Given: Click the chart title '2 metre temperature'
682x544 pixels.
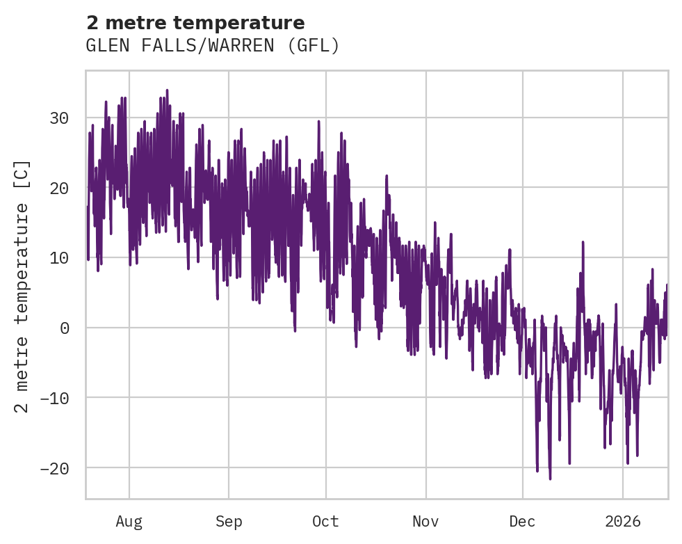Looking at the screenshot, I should pos(195,23).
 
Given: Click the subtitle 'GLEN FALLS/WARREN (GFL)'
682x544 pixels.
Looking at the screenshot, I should pos(213,46).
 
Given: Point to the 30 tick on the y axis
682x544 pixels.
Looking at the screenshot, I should pos(59,118).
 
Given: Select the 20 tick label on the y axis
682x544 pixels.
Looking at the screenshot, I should pos(59,188).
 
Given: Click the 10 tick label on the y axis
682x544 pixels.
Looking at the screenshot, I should pos(59,257).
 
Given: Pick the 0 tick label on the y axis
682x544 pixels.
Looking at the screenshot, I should pos(65,328).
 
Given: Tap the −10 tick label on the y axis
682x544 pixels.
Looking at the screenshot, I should pos(54,398).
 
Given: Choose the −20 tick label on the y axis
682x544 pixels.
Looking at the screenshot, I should pos(54,467).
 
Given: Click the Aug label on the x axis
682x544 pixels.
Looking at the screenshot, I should pos(129,521).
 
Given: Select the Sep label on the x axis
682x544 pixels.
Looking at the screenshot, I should pos(228,521).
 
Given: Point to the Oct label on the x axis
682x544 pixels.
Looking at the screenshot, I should pos(325,521).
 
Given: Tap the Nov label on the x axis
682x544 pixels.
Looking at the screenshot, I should pos(425,521).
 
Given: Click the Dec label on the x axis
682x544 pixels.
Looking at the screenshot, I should pos(522,521).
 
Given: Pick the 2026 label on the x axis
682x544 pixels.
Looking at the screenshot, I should pos(623,521).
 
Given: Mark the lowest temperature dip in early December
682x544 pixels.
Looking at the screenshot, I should pos(550,479).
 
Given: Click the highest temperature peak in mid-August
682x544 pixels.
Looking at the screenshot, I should pos(167,90).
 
